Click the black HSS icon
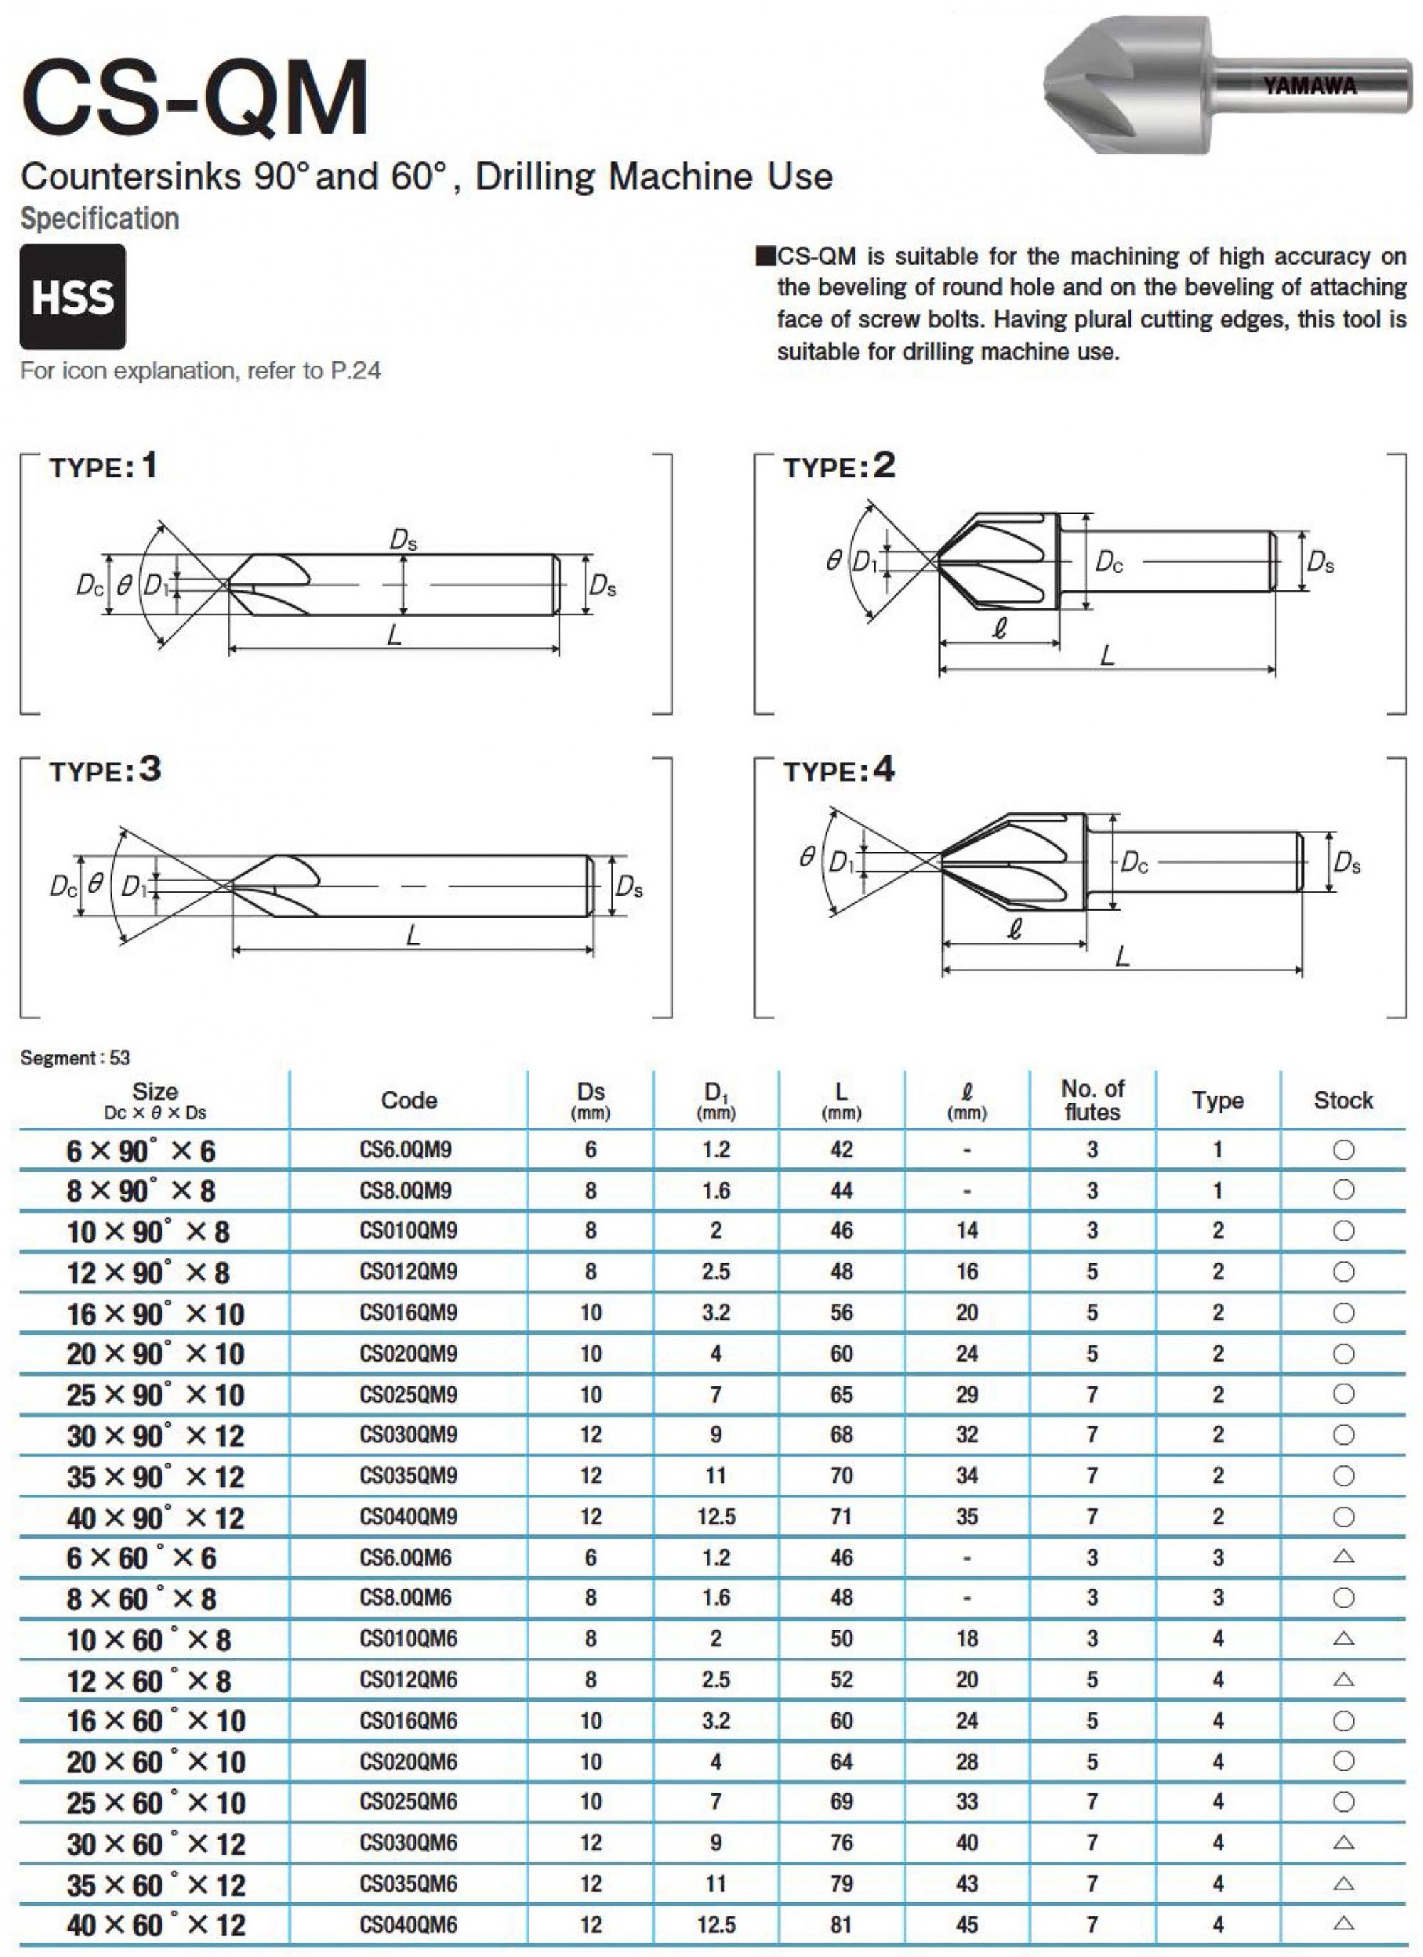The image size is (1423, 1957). tap(73, 296)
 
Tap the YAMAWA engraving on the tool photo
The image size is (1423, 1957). tap(1309, 85)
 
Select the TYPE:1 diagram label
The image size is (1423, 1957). tap(104, 467)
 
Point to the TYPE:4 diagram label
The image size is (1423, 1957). tap(838, 770)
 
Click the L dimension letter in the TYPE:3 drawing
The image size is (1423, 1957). tap(413, 935)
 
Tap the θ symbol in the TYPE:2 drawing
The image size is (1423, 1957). tap(832, 562)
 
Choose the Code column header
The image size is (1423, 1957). tap(409, 1101)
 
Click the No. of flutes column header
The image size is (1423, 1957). tap(1091, 1101)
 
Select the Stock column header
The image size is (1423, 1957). tap(1343, 1101)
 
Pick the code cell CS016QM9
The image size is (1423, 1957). tap(408, 1312)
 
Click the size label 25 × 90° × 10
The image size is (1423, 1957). tap(155, 1395)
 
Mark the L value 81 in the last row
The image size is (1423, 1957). tap(840, 1924)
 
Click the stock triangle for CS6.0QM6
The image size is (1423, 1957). tap(1343, 1556)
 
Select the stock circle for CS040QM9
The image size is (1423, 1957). tap(1343, 1517)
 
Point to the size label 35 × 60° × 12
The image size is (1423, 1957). tap(155, 1884)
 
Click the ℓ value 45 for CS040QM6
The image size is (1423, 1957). tap(966, 1924)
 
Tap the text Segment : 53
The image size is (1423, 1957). tap(75, 1058)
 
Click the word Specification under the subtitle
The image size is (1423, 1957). tap(99, 219)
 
